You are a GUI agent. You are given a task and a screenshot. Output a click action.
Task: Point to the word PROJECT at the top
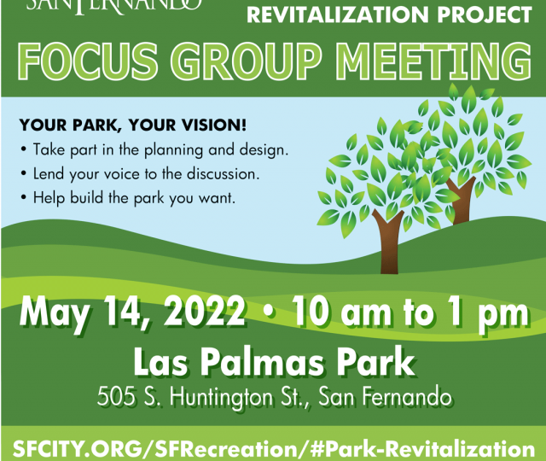point(485,15)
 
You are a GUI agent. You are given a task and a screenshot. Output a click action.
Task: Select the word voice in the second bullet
point(122,174)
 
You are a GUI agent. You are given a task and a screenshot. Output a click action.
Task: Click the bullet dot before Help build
point(23,198)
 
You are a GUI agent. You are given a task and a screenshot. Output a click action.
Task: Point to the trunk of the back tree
point(460,200)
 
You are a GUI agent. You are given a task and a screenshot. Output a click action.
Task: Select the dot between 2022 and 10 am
point(268,311)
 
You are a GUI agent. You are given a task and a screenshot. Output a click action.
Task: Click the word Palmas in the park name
point(261,362)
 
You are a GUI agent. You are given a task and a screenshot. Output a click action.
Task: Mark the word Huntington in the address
point(222,398)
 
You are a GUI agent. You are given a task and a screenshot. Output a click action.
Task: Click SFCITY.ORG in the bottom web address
point(78,449)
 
